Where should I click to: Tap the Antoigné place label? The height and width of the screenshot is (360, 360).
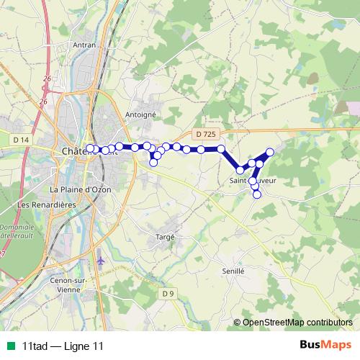(140, 114)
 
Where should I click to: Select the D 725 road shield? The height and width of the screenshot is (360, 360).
(204, 134)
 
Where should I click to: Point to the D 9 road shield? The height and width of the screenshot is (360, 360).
(168, 293)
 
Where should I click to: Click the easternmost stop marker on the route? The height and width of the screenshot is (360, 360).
(270, 152)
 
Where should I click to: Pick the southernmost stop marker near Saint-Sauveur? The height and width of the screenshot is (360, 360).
(257, 194)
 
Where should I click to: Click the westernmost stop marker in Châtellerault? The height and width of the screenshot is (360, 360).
(90, 148)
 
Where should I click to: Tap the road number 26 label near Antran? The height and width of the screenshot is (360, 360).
(48, 78)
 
